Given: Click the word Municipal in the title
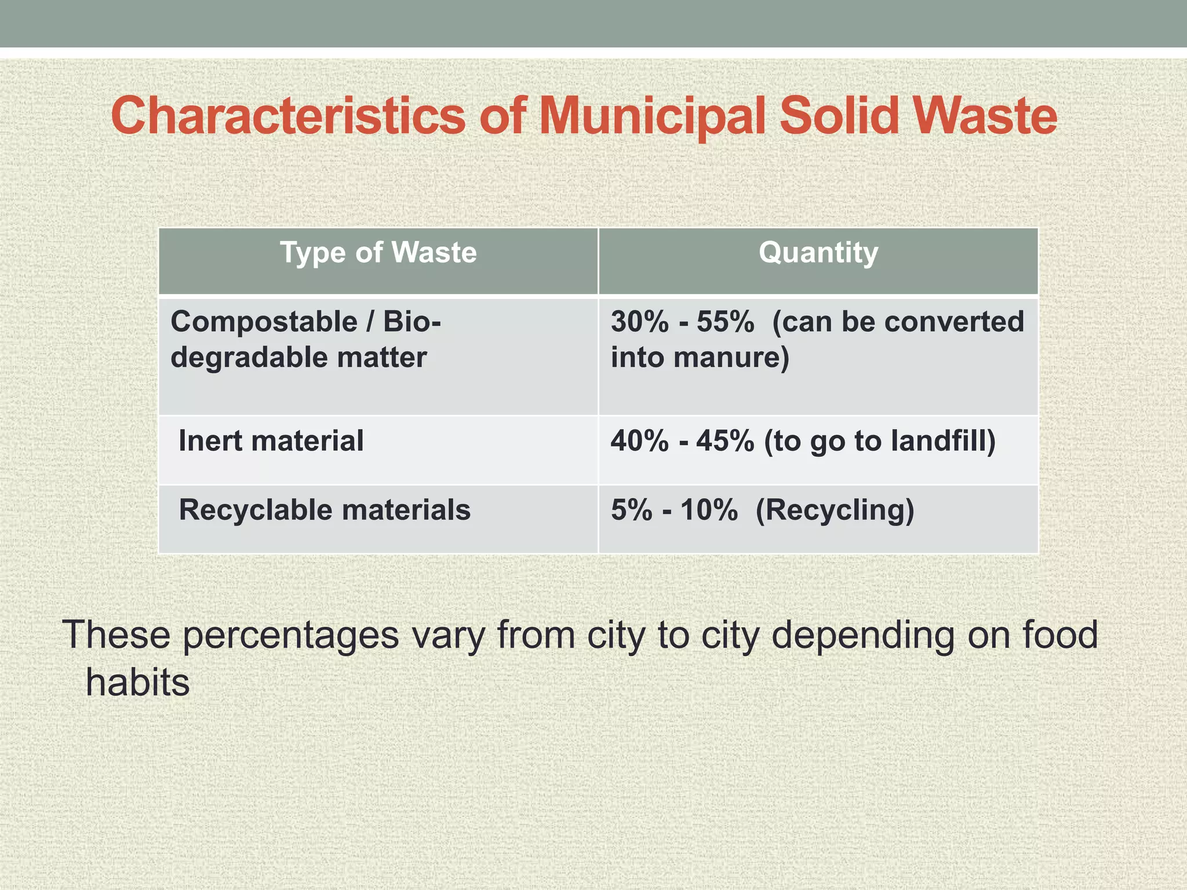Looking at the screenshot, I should pos(654,117).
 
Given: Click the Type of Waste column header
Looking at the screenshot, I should pos(378,253).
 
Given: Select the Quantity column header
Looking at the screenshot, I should pos(818,253).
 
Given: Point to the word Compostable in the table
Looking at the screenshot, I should pos(264,322).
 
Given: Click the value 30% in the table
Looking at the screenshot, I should pos(640,322).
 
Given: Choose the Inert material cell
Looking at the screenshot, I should pos(271,441).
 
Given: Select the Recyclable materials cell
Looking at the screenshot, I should pos(325,510).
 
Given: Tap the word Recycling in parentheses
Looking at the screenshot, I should pos(835,510).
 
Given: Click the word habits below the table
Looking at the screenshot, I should pos(138,683).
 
